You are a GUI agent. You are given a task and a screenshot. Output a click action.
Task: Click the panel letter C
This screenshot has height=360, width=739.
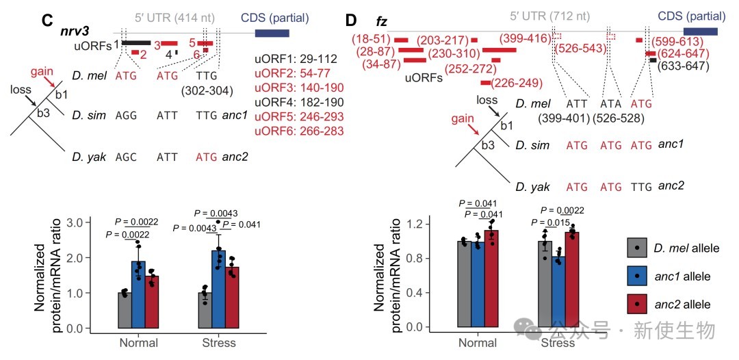pos(47,21)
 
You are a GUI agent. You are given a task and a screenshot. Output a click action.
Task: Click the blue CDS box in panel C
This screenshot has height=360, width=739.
pos(272,33)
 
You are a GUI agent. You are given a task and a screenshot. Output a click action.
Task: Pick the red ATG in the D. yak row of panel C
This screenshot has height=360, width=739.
pos(207,157)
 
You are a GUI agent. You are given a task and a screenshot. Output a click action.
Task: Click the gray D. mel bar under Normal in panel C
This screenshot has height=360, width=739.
pos(125,310)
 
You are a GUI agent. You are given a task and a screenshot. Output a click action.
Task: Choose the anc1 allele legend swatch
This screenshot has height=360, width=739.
pos(638,276)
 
